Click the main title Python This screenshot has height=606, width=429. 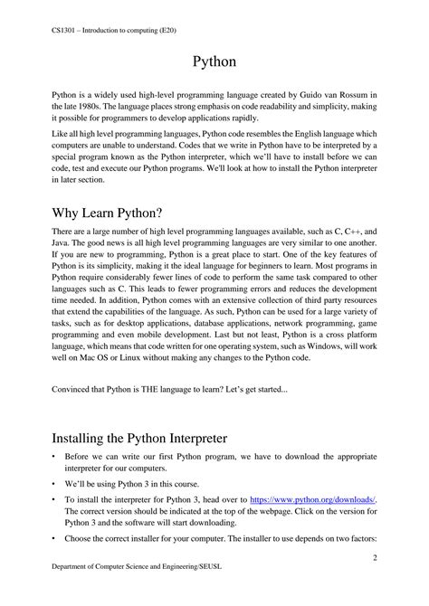pyautogui.click(x=214, y=62)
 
